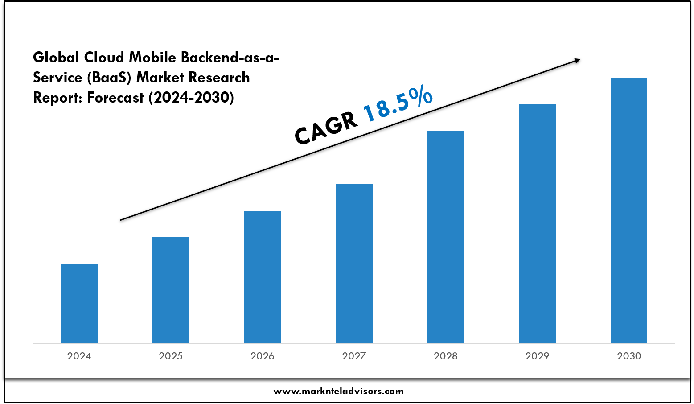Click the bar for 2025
(171, 290)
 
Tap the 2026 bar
(263, 277)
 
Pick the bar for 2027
(354, 264)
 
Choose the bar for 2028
(446, 237)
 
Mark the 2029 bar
(538, 223)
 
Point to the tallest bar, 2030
(629, 210)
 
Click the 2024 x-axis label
(79, 356)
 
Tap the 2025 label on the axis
(171, 356)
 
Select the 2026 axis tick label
(263, 356)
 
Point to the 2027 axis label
(354, 356)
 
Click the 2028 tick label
(446, 356)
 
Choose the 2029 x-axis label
(538, 356)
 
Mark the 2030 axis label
(629, 356)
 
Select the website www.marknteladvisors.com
(338, 392)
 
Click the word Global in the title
(57, 58)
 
